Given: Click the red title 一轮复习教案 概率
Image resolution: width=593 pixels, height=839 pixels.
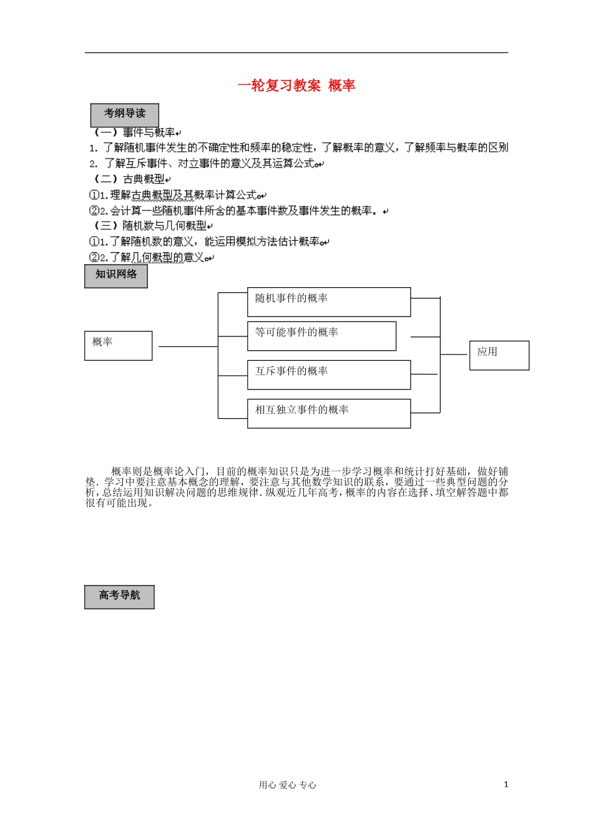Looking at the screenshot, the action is pos(296,86).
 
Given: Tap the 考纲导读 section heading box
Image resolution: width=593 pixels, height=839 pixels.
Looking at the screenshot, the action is pos(125,115).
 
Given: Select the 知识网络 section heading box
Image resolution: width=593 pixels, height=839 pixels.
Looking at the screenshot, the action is pos(116,276).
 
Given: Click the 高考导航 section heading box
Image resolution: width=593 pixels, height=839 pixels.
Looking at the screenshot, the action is pos(119,597).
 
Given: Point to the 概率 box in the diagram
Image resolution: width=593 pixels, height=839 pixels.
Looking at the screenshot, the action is pos(118,345).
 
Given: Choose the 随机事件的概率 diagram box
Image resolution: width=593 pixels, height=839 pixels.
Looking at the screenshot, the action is pos(329,302).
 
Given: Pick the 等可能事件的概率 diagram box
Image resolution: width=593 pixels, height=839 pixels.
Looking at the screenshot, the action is pos(321,336).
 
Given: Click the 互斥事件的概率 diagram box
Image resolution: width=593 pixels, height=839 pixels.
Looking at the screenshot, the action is pos(329,375).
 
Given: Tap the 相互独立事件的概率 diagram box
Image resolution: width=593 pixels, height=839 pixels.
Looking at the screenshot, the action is pos(329,413).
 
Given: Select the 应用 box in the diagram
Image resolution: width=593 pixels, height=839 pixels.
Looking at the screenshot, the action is pos(499,355).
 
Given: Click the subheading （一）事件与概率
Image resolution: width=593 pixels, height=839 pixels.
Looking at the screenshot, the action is pos(134,132).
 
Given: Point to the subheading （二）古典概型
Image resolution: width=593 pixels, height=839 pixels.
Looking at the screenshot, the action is pos(129,179).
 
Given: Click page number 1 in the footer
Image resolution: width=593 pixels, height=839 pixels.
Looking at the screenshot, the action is pos(506,785).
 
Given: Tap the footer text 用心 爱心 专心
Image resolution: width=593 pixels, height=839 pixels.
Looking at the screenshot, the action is pos(287,785).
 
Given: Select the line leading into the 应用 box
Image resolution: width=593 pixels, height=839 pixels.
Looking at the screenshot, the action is pos(454,354).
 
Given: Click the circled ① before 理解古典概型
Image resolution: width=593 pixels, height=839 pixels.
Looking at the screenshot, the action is pos(94,195).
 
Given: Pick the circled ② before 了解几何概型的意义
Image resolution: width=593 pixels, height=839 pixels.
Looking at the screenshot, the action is pos(94,257).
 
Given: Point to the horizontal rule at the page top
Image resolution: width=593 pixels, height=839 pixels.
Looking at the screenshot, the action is pos(296,52).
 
